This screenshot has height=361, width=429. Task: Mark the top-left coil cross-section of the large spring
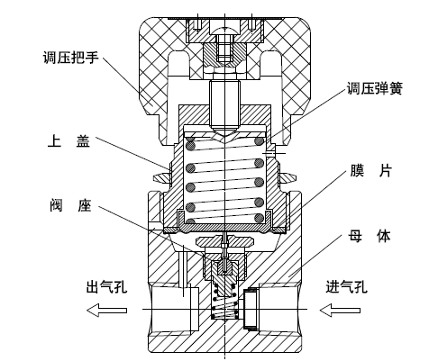pos(190,141)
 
